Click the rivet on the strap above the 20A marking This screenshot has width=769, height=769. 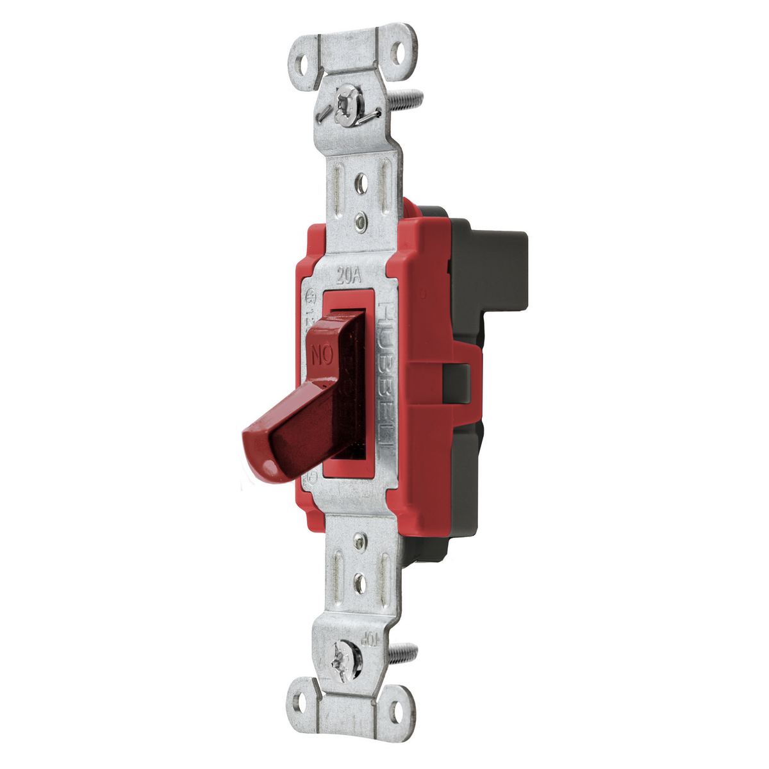click(x=361, y=222)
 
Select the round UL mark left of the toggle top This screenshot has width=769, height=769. click(x=311, y=297)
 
